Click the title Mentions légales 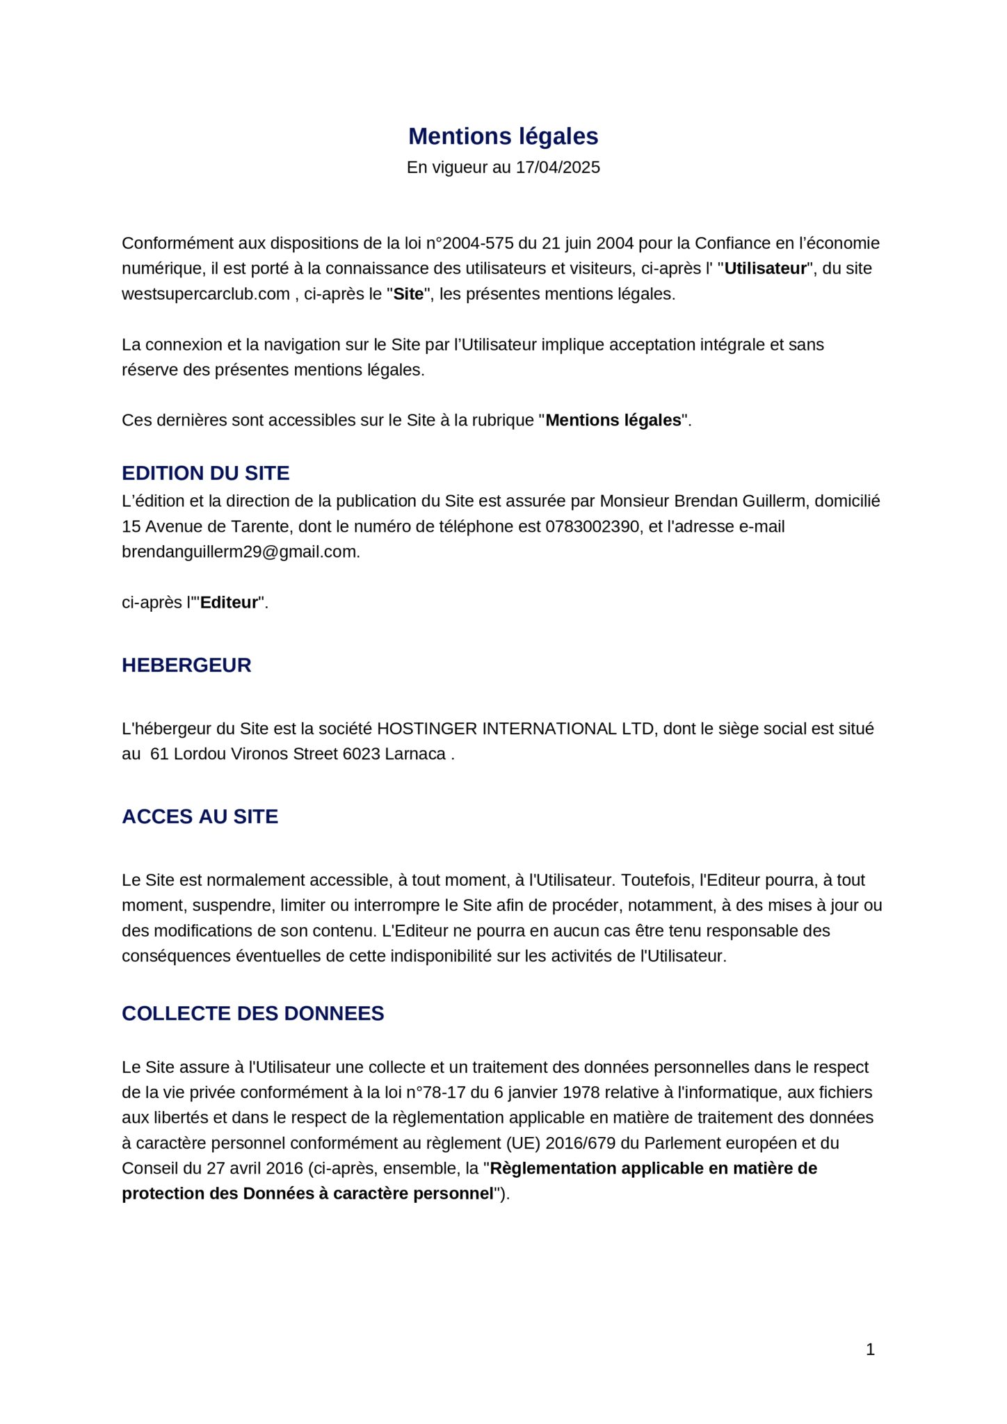[x=503, y=136]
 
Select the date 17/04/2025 [x=557, y=168]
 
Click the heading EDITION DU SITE [x=205, y=473]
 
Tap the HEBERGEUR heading [x=186, y=665]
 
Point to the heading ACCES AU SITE [x=200, y=816]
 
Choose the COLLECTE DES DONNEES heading [x=252, y=1013]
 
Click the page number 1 [x=870, y=1350]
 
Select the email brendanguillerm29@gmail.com [x=240, y=552]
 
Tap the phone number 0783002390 [x=592, y=526]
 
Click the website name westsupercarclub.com [x=205, y=294]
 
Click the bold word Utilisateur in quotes [x=765, y=268]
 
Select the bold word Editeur [x=229, y=603]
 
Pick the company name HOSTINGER [x=427, y=729]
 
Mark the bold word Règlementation [x=553, y=1168]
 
